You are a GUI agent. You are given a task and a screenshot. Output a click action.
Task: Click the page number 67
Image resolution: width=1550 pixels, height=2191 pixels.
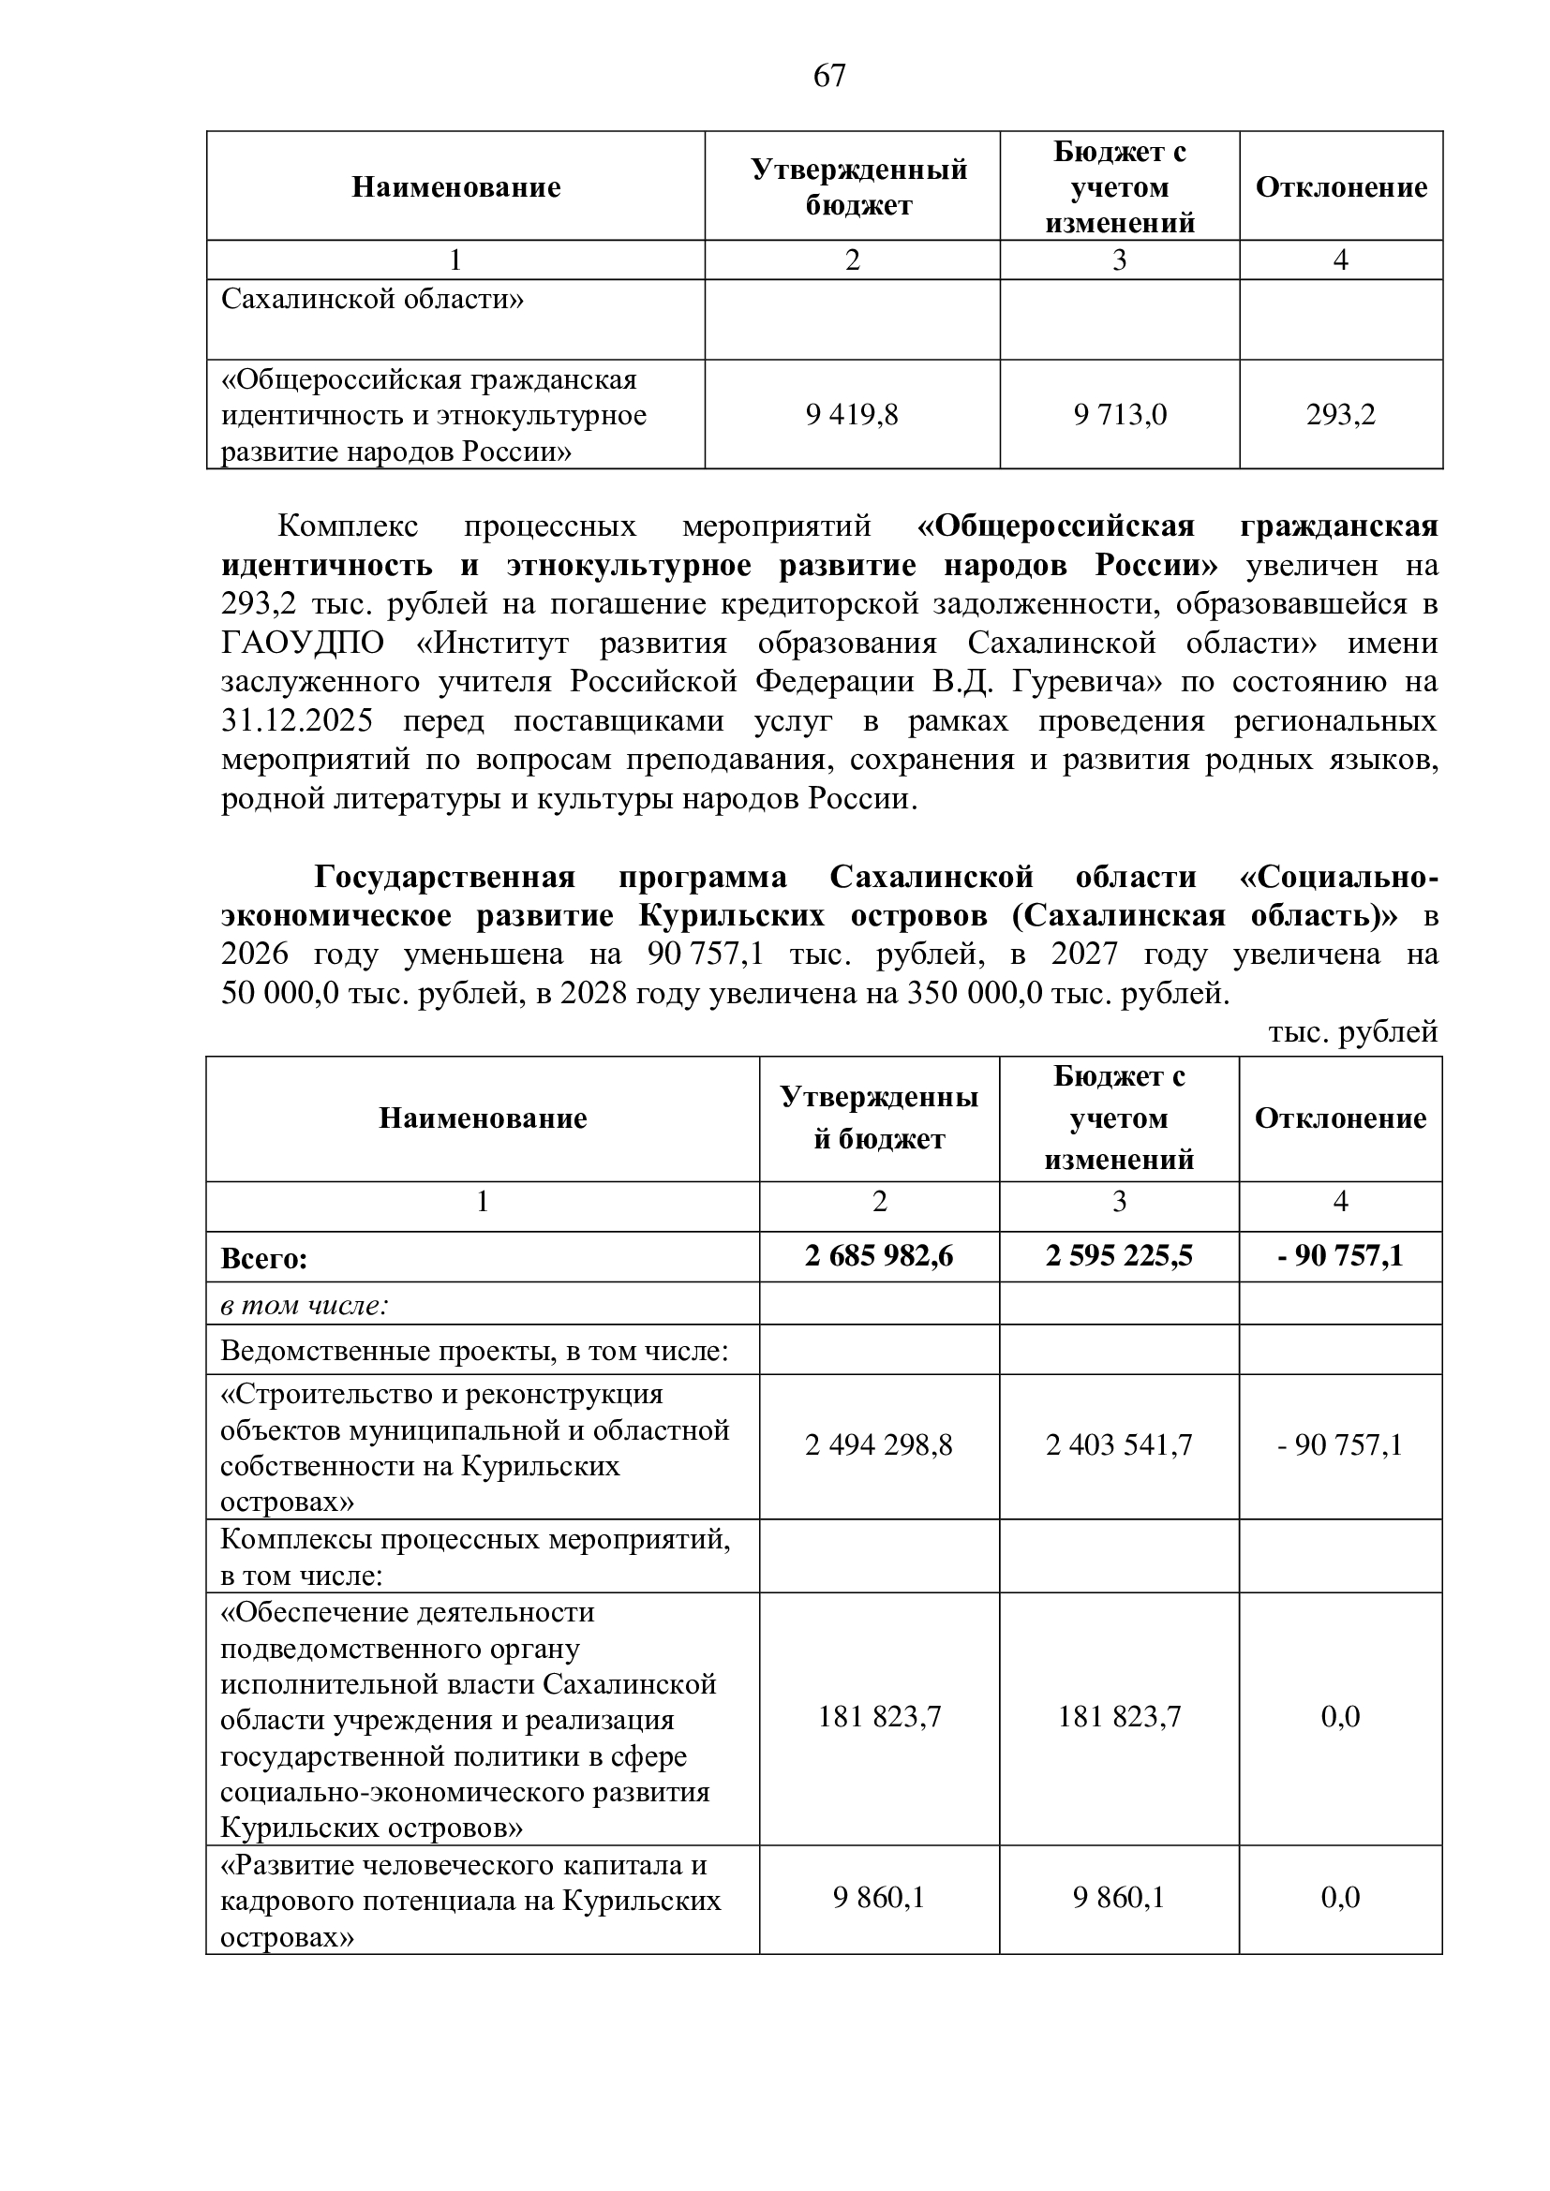[x=828, y=75]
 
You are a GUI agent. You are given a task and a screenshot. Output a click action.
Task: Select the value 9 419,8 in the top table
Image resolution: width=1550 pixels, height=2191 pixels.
[x=851, y=415]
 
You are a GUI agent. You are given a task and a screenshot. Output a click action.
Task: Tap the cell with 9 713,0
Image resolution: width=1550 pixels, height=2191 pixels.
[x=1120, y=415]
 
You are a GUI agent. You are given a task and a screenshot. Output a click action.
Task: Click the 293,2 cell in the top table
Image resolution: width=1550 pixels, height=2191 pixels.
[x=1340, y=415]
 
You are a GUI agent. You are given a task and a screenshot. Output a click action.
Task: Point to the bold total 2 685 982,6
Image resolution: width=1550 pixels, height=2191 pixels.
[x=878, y=1256]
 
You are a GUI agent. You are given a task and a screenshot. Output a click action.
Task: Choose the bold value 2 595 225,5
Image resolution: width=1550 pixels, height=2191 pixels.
[x=1119, y=1256]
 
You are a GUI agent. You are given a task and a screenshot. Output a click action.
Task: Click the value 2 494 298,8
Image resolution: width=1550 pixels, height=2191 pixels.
[x=878, y=1445]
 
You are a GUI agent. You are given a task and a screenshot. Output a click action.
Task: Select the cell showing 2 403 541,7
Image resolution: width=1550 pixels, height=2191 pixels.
[x=1119, y=1445]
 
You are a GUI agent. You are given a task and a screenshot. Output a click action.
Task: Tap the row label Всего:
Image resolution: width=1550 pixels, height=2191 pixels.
[x=264, y=1259]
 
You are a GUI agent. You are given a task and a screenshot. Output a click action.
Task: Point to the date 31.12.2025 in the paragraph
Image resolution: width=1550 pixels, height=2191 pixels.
[x=297, y=720]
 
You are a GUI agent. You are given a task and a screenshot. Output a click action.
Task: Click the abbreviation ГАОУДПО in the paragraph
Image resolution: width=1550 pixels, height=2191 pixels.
[x=303, y=644]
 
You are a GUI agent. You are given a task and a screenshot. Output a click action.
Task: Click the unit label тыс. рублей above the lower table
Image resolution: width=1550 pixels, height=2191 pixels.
[x=1352, y=1032]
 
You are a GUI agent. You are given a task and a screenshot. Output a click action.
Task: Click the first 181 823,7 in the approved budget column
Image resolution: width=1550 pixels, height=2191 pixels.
[x=878, y=1718]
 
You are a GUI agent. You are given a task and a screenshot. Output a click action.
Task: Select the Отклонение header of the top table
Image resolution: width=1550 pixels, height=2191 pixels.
[x=1340, y=187]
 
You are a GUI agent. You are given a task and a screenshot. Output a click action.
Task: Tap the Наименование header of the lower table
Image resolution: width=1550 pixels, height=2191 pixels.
[x=483, y=1118]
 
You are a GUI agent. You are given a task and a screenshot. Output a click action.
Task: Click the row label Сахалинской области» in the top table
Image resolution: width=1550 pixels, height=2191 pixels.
[x=372, y=300]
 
